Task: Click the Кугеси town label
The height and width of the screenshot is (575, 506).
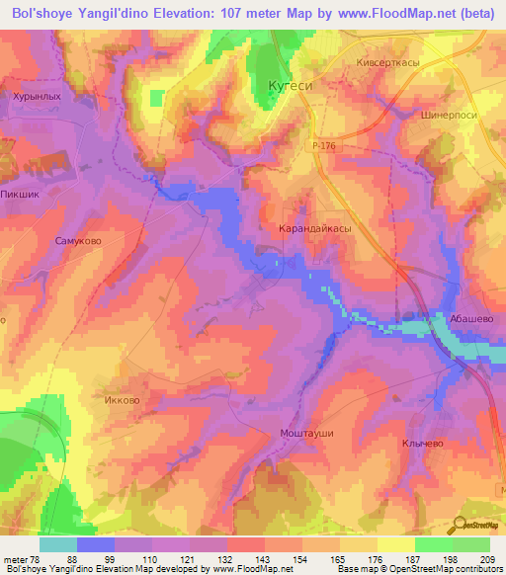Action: tap(291, 86)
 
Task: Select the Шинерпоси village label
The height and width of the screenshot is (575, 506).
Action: tap(449, 113)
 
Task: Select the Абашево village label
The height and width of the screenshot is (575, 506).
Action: tap(471, 319)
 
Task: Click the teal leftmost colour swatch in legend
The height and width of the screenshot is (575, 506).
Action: tap(58, 544)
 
